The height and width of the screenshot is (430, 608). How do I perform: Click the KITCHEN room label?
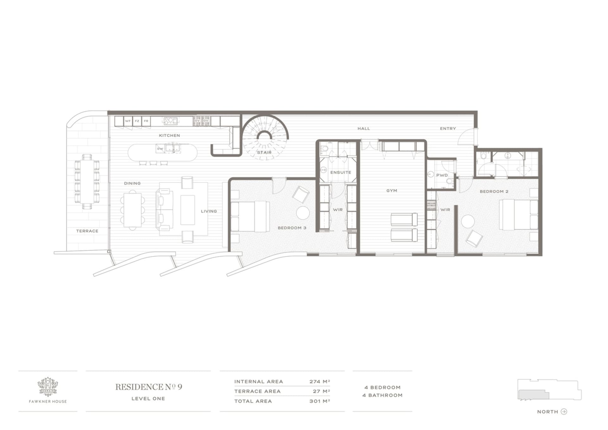click(x=169, y=136)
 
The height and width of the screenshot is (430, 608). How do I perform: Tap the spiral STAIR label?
click(x=264, y=153)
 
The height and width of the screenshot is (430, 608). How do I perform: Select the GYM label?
click(x=392, y=191)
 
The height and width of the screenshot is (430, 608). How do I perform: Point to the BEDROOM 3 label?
click(x=292, y=228)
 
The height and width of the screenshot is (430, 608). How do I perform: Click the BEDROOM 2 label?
click(x=494, y=192)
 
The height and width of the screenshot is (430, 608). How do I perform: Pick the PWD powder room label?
click(x=442, y=175)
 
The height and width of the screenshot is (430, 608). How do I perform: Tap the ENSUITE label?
click(x=341, y=173)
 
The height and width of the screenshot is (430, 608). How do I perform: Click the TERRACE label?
click(x=87, y=231)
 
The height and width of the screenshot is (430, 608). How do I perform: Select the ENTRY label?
click(x=448, y=129)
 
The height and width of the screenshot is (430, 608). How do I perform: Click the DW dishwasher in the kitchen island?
click(x=160, y=149)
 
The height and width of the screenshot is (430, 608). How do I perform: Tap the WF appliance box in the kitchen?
click(x=128, y=121)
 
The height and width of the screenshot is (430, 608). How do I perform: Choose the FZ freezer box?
click(x=137, y=121)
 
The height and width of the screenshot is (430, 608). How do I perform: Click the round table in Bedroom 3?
click(x=303, y=213)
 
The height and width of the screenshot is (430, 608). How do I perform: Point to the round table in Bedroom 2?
click(x=468, y=222)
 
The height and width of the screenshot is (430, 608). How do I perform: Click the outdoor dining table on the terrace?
click(x=87, y=182)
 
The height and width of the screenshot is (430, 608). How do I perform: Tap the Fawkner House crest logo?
click(x=48, y=387)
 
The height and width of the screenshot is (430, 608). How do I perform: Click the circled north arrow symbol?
click(x=564, y=412)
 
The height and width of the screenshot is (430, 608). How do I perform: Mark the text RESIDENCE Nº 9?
click(x=149, y=387)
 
